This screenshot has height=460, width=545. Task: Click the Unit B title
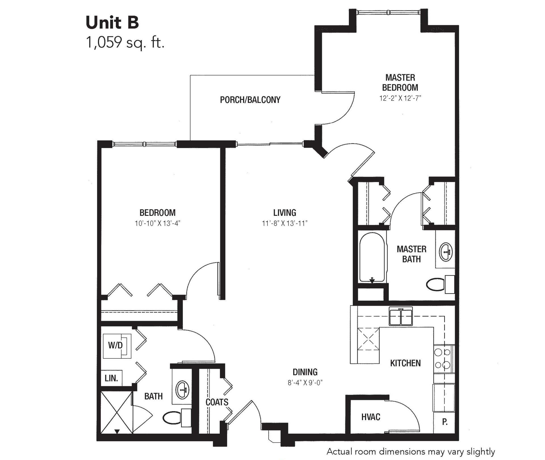coord(112,23)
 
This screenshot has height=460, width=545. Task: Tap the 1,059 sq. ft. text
coord(125,43)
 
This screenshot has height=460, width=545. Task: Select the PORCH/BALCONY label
coord(250,100)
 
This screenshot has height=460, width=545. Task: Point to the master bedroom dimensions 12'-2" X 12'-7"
coord(400,98)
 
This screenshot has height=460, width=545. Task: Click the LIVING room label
coord(284,213)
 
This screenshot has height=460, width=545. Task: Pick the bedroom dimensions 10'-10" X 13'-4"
coord(158,223)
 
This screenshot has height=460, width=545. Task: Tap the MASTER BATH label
coord(411,254)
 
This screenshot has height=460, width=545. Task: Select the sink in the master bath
coord(446,252)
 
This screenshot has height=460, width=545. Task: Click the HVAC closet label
coord(371,417)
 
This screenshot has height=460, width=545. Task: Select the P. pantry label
coord(445,422)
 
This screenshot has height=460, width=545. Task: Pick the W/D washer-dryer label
coord(115,345)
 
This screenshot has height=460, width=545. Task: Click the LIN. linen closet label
coord(111,378)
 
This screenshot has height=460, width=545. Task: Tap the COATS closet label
coord(217,402)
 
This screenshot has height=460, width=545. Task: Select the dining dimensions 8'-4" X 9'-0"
coord(305,383)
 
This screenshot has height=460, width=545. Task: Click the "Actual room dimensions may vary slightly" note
coord(411,451)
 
